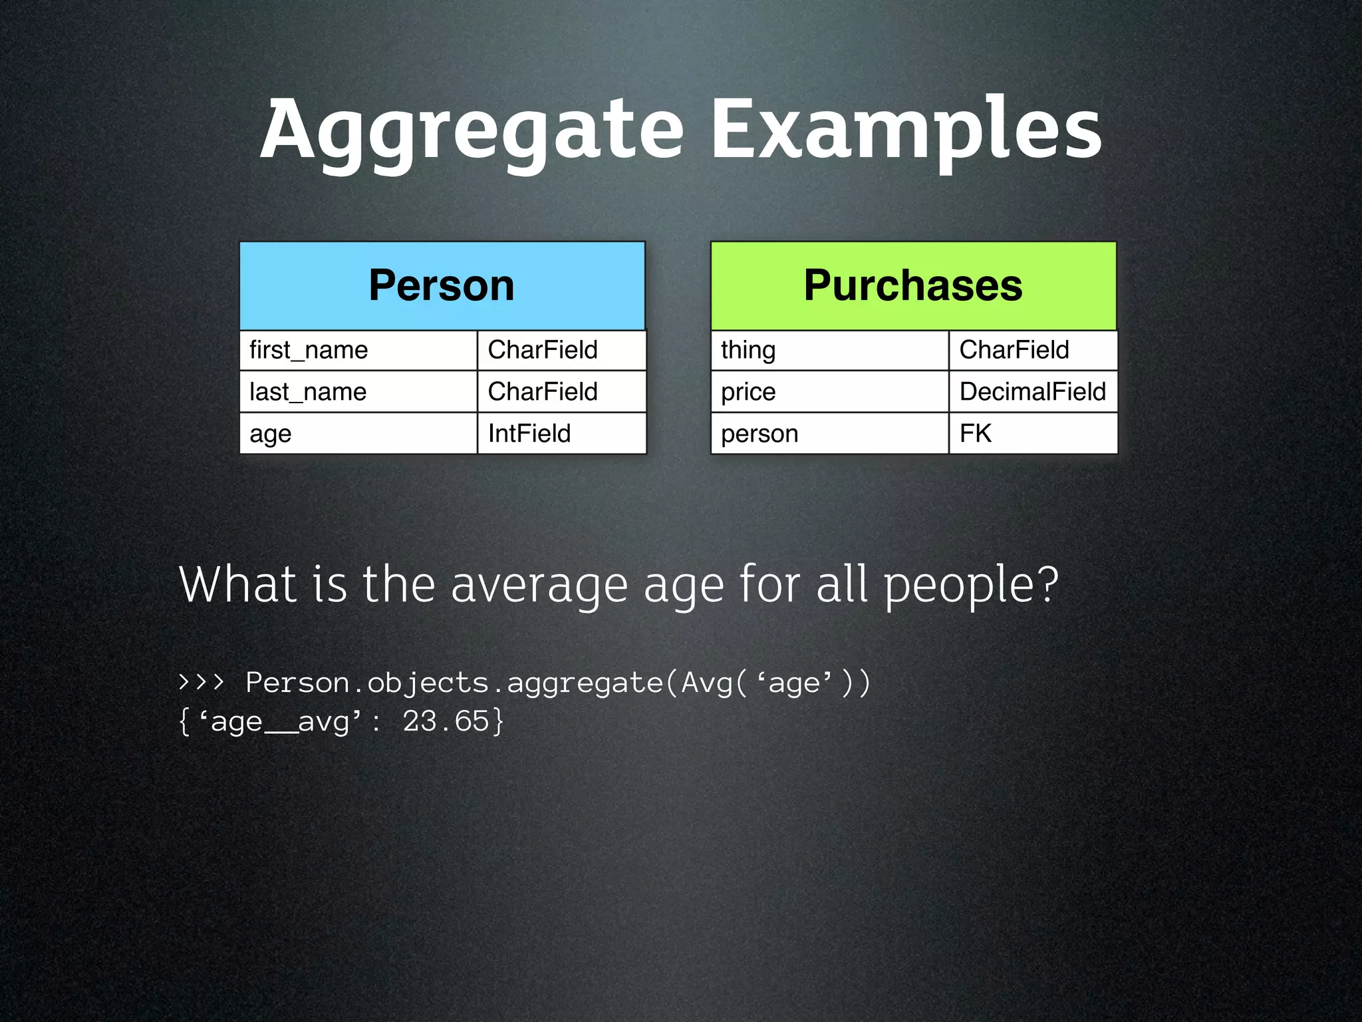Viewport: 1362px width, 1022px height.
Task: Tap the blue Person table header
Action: coord(442,285)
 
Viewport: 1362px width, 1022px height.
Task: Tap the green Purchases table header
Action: coord(913,285)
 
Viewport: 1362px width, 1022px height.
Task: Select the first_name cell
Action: coord(358,350)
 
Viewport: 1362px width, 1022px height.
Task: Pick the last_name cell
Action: coord(358,392)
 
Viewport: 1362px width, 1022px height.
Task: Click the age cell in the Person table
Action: coord(358,434)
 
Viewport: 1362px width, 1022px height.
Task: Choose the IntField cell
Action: coord(561,434)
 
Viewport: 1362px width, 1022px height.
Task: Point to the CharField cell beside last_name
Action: coord(561,392)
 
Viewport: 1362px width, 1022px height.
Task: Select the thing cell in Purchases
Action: coord(829,350)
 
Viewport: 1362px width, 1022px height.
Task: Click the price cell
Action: coord(829,392)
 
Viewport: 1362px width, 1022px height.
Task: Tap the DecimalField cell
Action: coord(1032,392)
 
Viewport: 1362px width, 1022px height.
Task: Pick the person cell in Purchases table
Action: coord(829,434)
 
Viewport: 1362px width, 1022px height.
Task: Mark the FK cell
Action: coord(1032,434)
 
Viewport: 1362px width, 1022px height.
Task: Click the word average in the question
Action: coord(539,585)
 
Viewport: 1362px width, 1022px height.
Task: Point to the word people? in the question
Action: coord(970,585)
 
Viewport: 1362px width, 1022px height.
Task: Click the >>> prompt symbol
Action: coord(202,682)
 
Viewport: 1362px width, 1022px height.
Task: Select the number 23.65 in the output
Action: coord(446,721)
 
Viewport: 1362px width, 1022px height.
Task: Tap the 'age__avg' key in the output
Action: coord(280,721)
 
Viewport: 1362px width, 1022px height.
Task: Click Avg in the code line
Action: coord(706,683)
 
